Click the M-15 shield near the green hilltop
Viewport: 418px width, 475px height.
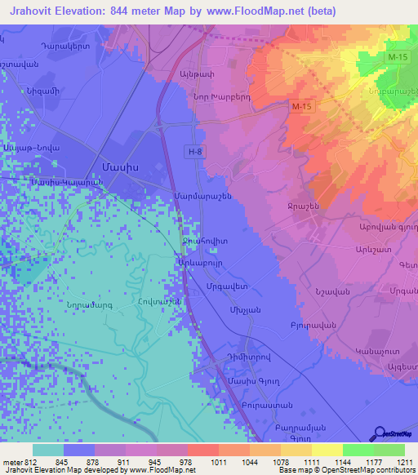(x=397, y=55)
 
